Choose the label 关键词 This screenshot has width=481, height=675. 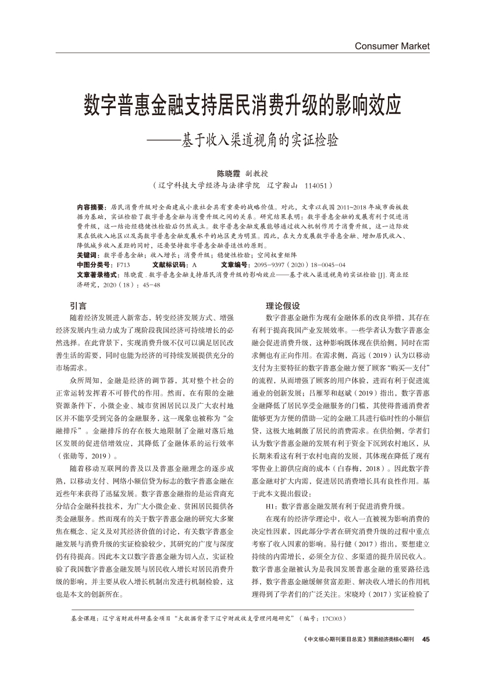(86, 255)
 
